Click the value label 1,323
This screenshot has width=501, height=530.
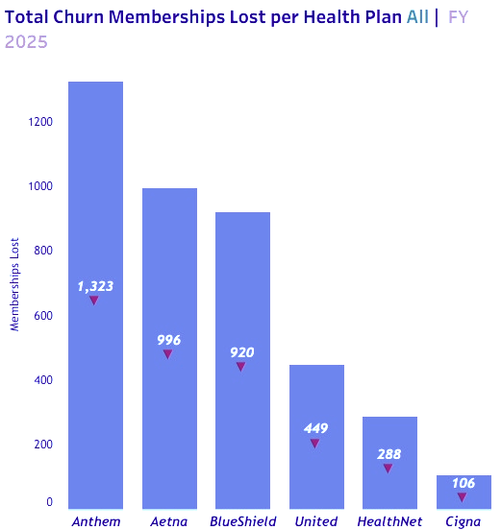95,286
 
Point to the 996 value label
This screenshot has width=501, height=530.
169,340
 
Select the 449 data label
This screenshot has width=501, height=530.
316,428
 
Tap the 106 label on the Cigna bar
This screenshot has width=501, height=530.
463,483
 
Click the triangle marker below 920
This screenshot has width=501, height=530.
241,367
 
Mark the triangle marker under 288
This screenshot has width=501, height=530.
388,469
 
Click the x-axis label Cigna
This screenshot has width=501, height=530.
463,521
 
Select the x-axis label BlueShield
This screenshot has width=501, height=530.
242,521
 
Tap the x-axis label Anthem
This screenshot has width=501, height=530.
95,521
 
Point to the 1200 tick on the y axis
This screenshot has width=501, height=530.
40,122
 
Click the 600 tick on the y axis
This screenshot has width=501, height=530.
43,316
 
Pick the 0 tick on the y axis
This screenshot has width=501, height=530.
50,502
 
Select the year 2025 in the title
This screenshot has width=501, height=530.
26,41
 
